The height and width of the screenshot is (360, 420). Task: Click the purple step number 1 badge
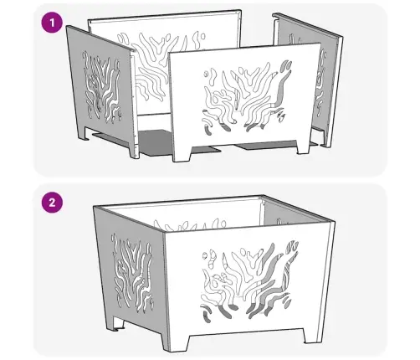[x=52, y=23]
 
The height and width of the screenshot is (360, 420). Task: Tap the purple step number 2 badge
[x=52, y=203]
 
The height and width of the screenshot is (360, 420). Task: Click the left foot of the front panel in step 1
[x=182, y=153]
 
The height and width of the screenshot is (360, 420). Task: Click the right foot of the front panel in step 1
[x=304, y=147]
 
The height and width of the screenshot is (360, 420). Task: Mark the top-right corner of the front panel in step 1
[x=320, y=43]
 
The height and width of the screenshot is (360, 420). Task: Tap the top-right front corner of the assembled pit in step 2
[x=335, y=222]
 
